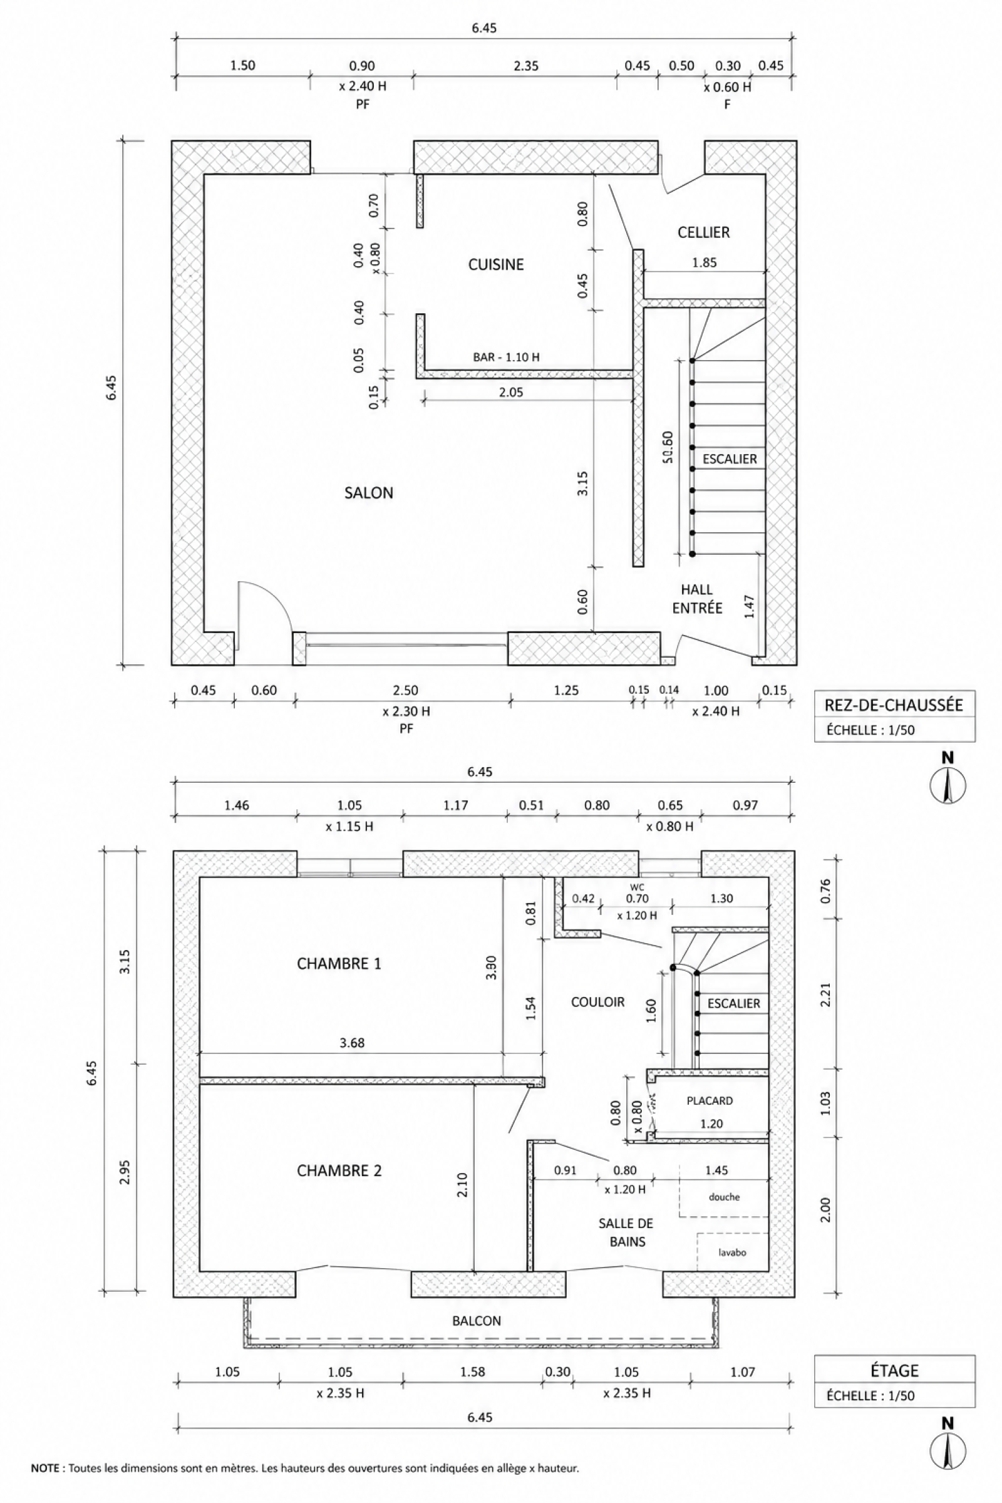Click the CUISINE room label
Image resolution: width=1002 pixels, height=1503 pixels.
tap(496, 264)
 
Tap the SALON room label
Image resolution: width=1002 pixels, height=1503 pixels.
tap(369, 493)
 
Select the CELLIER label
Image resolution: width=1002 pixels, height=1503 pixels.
tap(703, 232)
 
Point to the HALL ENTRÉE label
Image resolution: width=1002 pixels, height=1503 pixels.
tap(697, 599)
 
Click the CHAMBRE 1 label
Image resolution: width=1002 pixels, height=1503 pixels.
tap(339, 964)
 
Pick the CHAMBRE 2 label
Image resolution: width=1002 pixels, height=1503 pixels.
tap(339, 1170)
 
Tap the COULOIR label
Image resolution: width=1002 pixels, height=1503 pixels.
tap(597, 1002)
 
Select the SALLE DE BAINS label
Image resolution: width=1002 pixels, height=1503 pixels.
tap(626, 1232)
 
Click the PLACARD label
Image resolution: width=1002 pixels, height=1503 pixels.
tap(710, 1100)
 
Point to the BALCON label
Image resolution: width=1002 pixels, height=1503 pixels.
tap(477, 1321)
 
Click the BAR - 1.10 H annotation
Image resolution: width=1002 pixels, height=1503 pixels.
tap(506, 357)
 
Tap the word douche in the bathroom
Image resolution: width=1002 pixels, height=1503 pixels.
tap(724, 1197)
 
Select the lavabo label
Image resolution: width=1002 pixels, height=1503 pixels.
tap(732, 1252)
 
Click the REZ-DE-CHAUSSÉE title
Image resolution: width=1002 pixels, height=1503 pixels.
tap(894, 705)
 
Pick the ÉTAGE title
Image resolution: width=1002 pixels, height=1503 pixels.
tap(894, 1371)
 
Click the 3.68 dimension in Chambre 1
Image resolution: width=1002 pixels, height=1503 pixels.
tap(352, 1043)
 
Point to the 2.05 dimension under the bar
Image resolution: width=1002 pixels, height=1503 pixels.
tap(511, 393)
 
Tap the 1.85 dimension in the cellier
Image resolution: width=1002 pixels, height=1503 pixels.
tap(704, 262)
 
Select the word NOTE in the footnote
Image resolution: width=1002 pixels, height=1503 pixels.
tap(44, 1469)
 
